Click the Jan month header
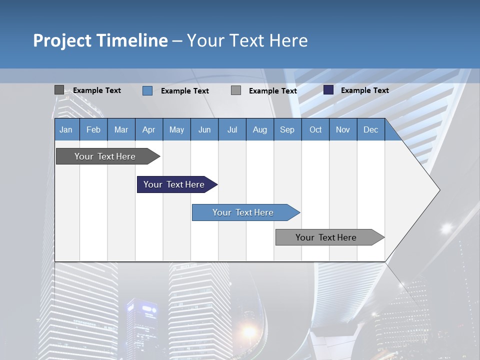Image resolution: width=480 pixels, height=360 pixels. tap(66, 129)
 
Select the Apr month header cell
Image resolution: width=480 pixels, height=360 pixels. tap(148, 129)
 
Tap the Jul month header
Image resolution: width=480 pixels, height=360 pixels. tap(232, 129)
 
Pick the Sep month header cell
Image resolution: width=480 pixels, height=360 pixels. tap(287, 129)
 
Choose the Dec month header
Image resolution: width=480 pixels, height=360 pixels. tap(370, 129)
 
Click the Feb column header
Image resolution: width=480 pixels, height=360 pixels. tap(93, 129)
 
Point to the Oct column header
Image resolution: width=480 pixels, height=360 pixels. tap(315, 129)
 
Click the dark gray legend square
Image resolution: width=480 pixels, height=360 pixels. tap(59, 90)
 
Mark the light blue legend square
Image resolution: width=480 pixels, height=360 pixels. tap(147, 90)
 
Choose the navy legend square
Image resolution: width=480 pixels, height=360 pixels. tap(328, 90)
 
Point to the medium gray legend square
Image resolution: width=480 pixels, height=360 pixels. tap(236, 90)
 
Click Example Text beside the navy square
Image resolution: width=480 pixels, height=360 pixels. tap(364, 90)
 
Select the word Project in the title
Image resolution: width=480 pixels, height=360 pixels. tap(62, 40)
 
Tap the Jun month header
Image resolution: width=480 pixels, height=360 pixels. tap(204, 129)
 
